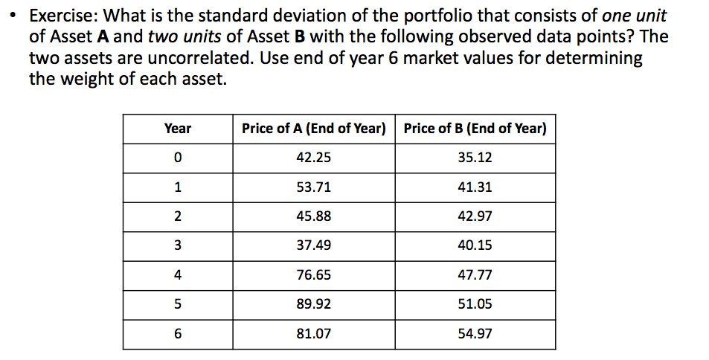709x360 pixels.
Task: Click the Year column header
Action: pyautogui.click(x=177, y=129)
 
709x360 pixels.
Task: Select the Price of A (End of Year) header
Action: pyautogui.click(x=314, y=129)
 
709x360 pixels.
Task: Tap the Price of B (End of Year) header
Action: pyautogui.click(x=475, y=129)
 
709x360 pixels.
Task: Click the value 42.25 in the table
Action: pyautogui.click(x=314, y=158)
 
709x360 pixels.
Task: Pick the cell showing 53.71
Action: pyautogui.click(x=314, y=187)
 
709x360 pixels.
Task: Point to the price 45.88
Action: pyautogui.click(x=314, y=216)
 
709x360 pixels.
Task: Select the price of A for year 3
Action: pyautogui.click(x=314, y=245)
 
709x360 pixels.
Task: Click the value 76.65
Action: pyautogui.click(x=314, y=275)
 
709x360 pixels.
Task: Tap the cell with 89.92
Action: pyautogui.click(x=314, y=304)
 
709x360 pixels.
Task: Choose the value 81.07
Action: pyautogui.click(x=314, y=334)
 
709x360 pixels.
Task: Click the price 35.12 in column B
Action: pyautogui.click(x=475, y=158)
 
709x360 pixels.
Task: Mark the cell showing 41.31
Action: pyautogui.click(x=475, y=187)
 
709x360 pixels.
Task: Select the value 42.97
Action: pyautogui.click(x=475, y=216)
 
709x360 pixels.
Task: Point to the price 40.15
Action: pyautogui.click(x=475, y=245)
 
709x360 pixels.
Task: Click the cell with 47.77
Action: pyautogui.click(x=475, y=275)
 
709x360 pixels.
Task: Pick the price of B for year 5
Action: pyautogui.click(x=475, y=304)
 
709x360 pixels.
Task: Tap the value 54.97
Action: pyautogui.click(x=475, y=334)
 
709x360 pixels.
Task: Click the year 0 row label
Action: pyautogui.click(x=177, y=158)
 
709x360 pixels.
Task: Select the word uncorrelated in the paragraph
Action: pyautogui.click(x=198, y=59)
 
